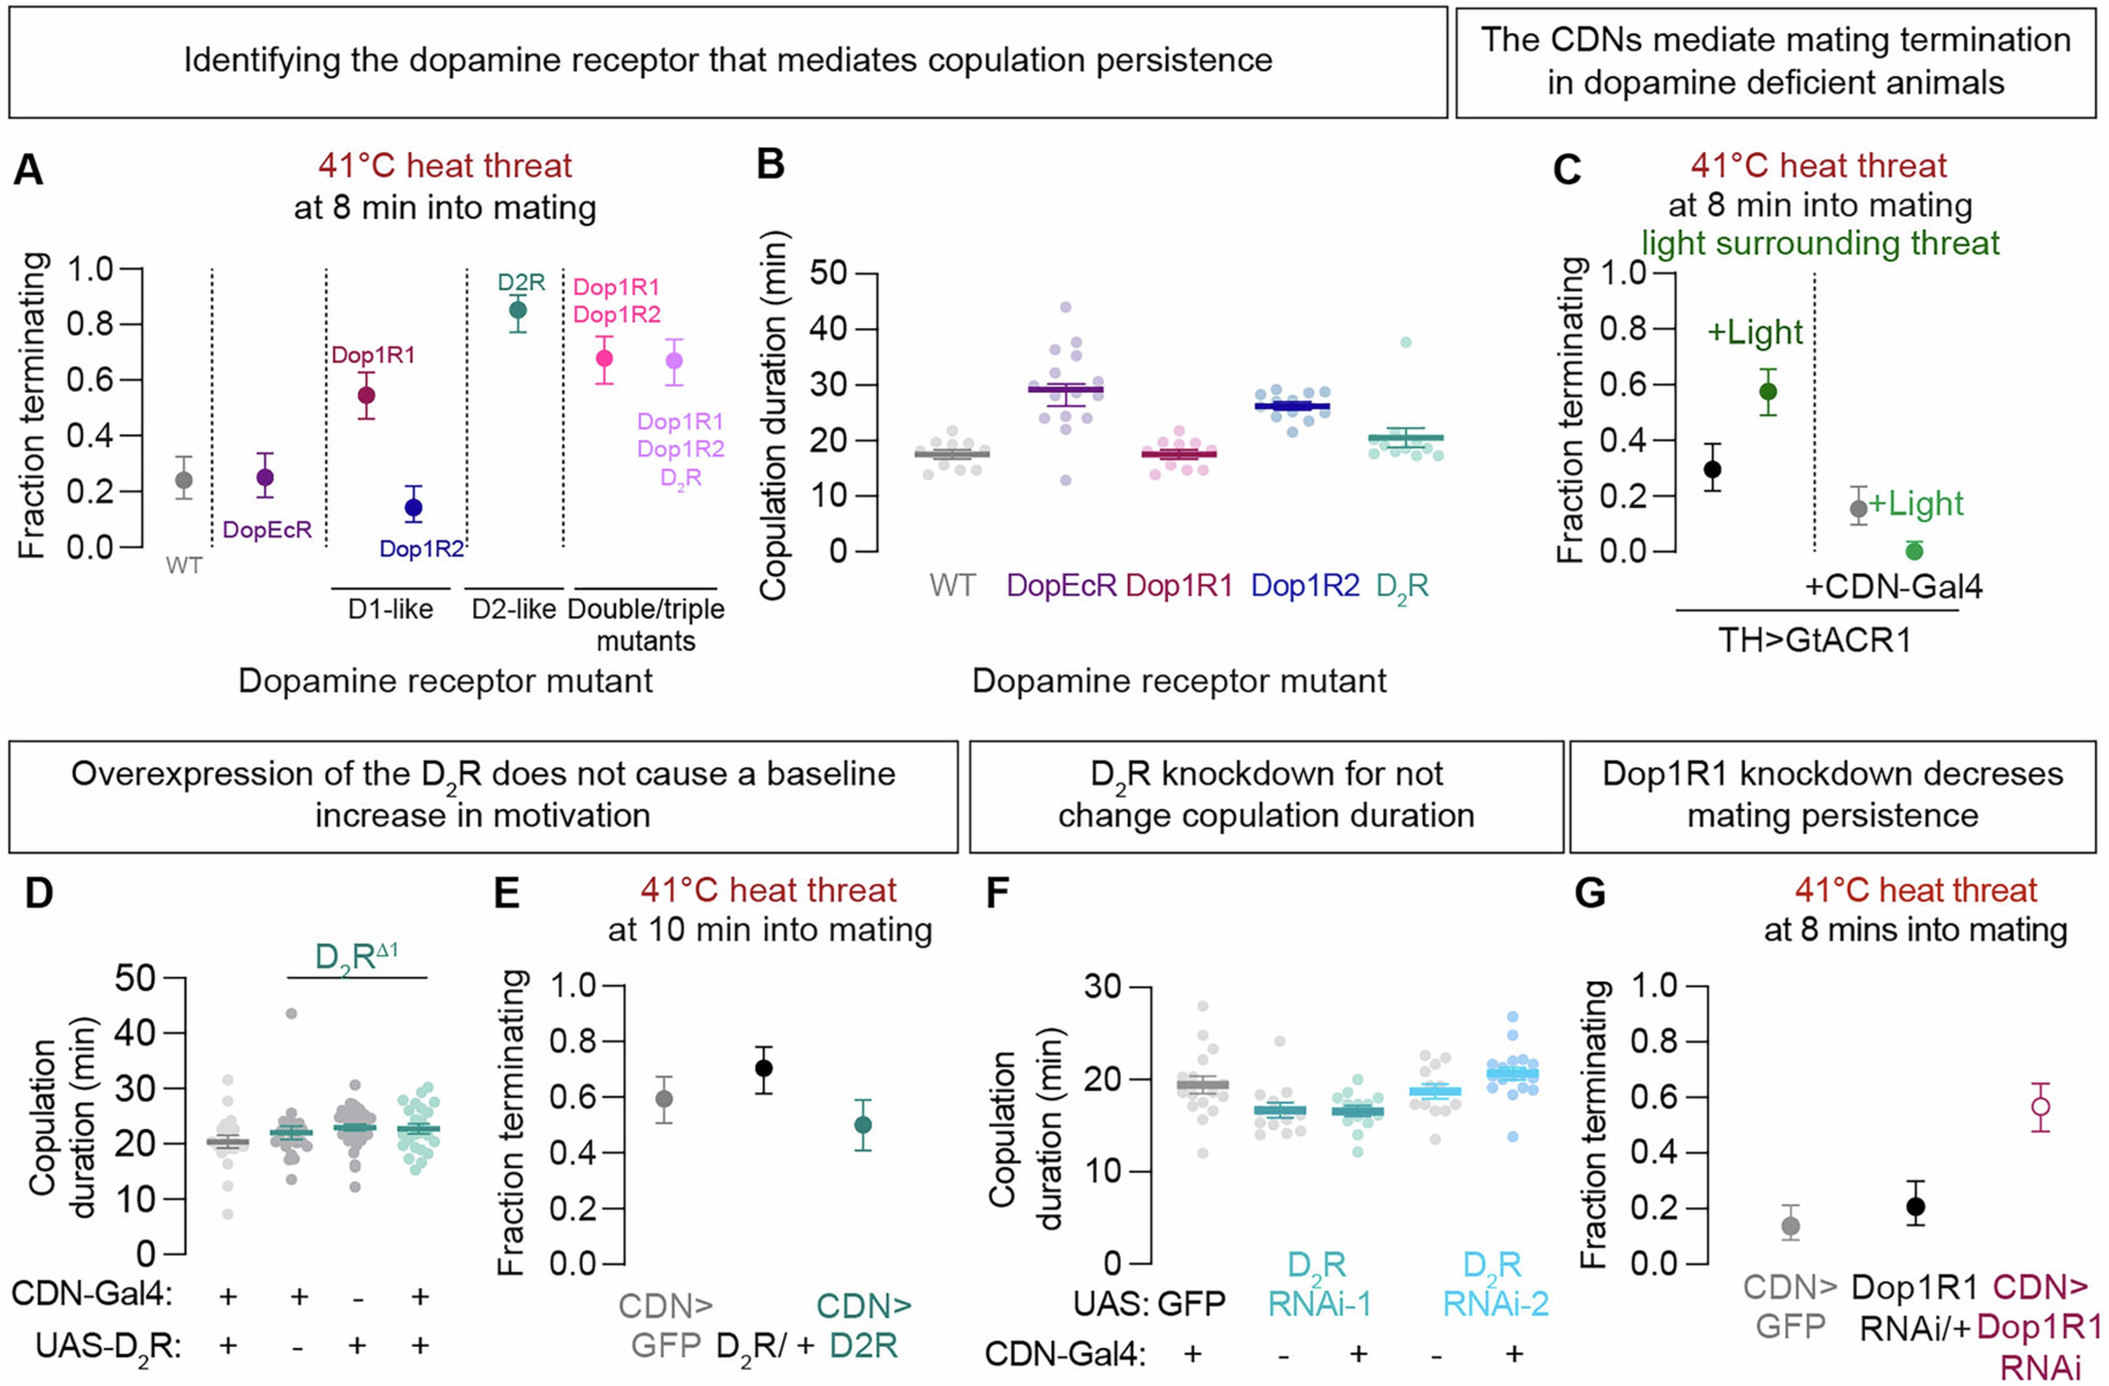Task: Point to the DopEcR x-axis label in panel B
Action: point(1061,586)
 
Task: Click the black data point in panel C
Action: point(1713,469)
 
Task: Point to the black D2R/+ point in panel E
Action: point(764,1068)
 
